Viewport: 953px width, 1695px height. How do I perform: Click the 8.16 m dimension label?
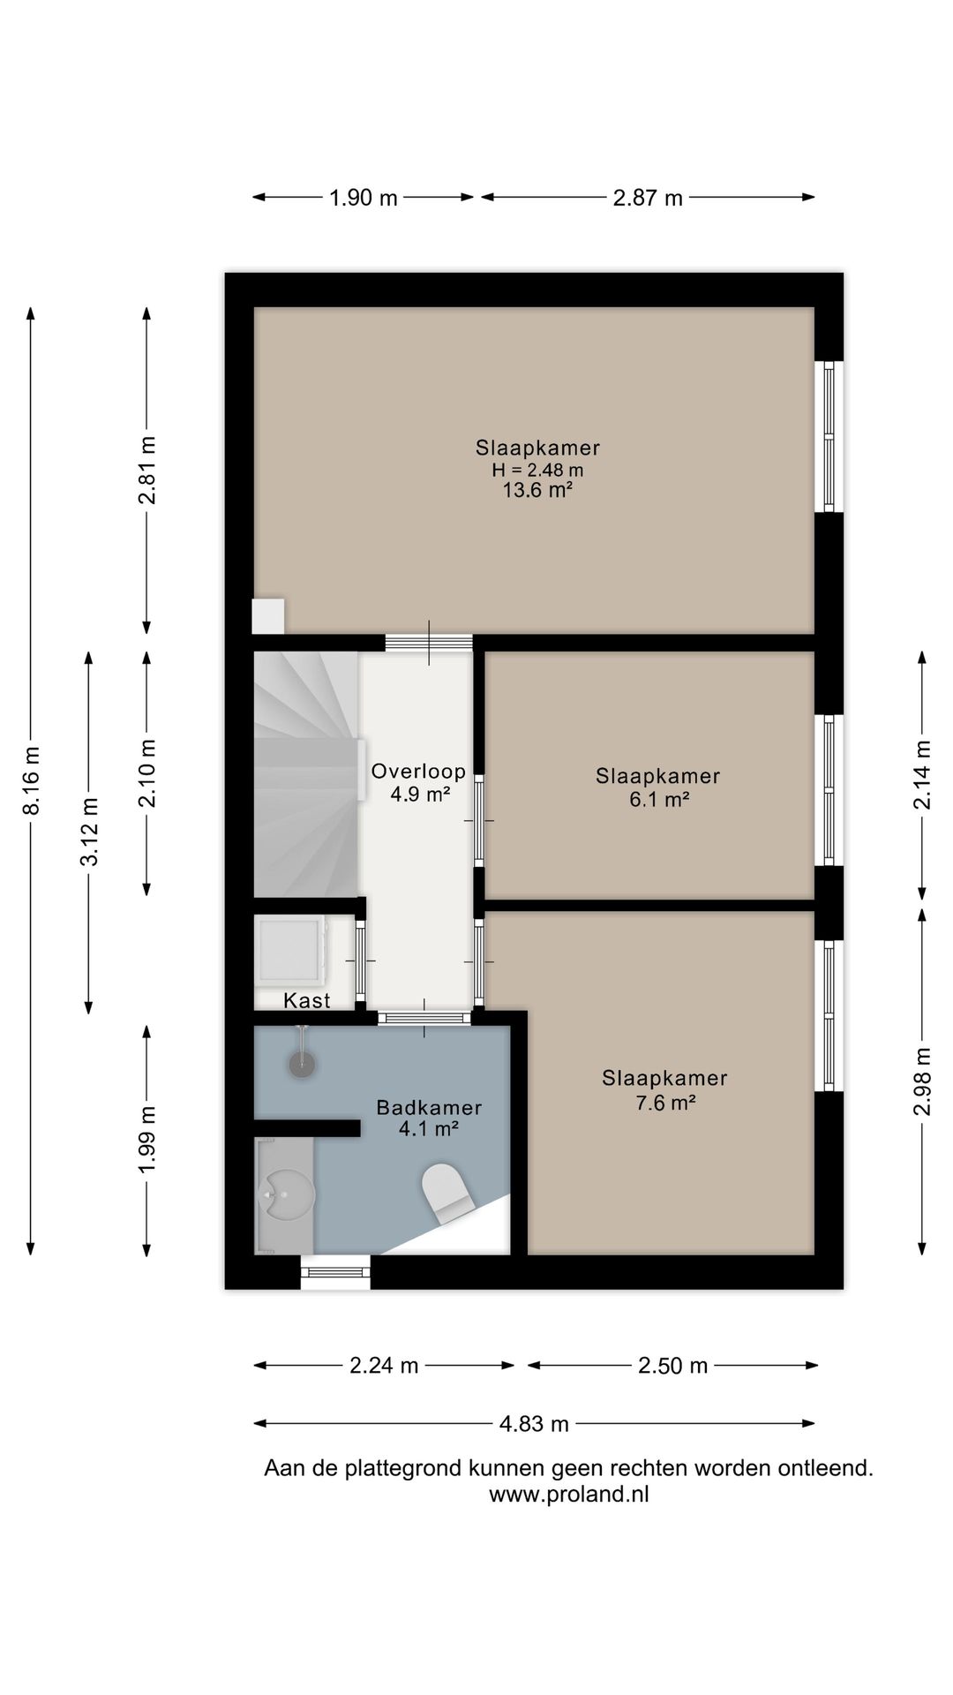(32, 780)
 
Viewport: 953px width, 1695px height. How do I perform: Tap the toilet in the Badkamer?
(448, 1193)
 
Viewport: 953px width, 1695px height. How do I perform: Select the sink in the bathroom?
(287, 1196)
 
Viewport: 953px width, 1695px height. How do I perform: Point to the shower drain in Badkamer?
(302, 1065)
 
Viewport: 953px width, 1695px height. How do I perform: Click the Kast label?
(307, 1000)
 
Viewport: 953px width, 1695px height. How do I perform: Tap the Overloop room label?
(418, 772)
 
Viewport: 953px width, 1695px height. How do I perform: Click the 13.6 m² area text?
(538, 490)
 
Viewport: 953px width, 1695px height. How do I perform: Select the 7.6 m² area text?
(666, 1103)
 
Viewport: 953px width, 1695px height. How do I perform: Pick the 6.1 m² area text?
(658, 800)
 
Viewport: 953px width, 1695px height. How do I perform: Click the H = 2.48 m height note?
(538, 470)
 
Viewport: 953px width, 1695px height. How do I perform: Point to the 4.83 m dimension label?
(535, 1423)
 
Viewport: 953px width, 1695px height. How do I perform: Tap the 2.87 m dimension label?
(648, 198)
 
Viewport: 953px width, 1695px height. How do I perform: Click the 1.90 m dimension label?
(364, 198)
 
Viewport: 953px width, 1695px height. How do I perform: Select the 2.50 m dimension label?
(673, 1366)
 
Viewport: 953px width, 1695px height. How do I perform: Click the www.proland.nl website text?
(569, 1495)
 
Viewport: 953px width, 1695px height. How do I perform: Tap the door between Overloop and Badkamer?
(424, 1018)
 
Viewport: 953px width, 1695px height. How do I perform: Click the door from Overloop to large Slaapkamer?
(429, 643)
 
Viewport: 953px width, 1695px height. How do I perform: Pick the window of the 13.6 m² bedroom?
(829, 436)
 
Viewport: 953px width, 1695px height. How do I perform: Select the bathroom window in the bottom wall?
(335, 1272)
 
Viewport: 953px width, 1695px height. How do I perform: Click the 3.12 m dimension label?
(89, 832)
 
